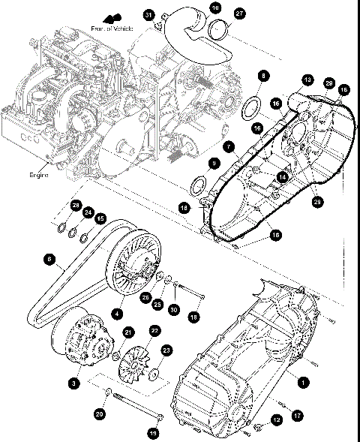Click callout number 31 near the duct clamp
point(148,15)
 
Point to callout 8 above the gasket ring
point(262,76)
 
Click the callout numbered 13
point(307,80)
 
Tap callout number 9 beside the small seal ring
point(214,162)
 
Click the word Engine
point(39,174)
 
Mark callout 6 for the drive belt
point(49,260)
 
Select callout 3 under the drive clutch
point(73,383)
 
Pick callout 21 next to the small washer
point(128,333)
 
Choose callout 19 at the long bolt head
point(153,433)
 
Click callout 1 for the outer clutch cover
point(303,381)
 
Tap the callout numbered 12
point(276,420)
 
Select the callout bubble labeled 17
point(298,414)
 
